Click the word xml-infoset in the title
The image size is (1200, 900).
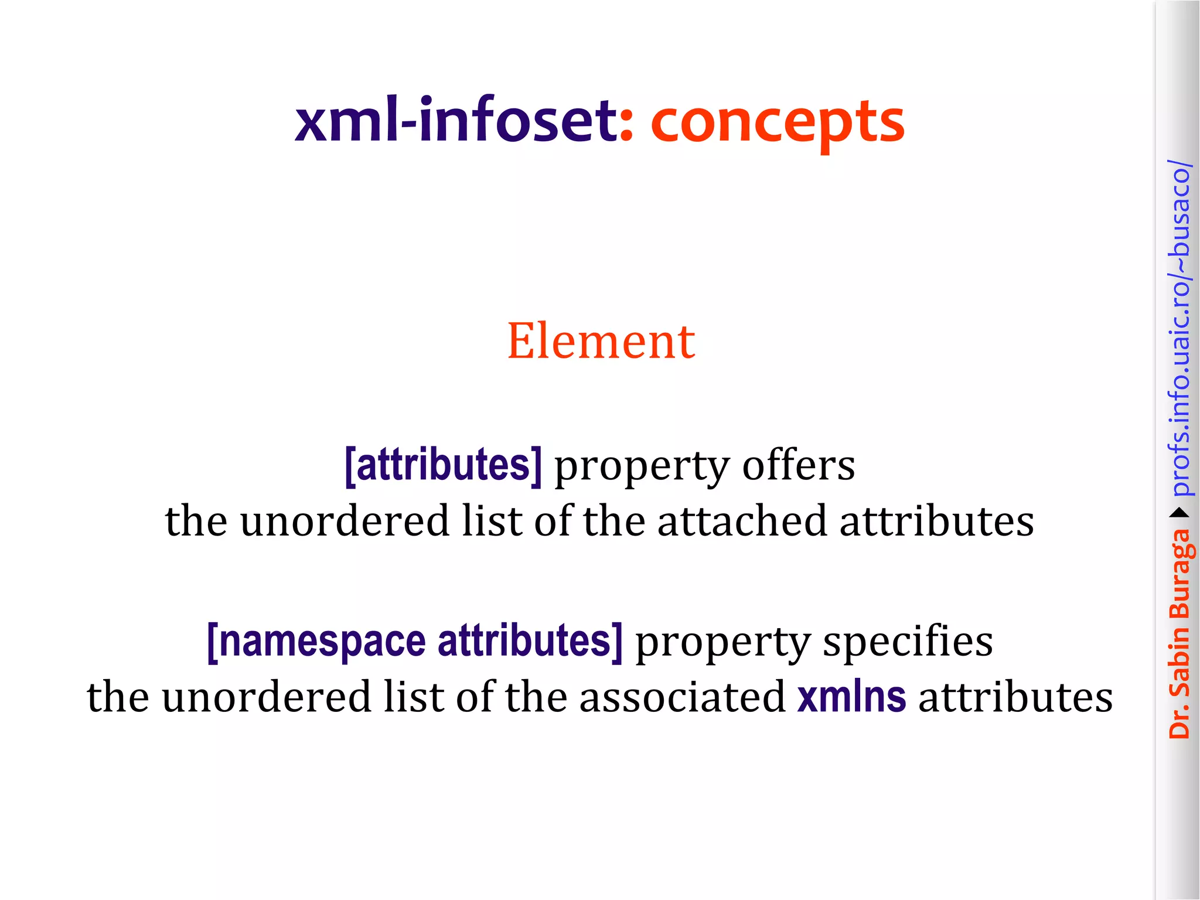(x=456, y=121)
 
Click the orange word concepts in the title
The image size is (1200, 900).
(x=778, y=123)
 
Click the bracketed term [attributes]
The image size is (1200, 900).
(x=443, y=465)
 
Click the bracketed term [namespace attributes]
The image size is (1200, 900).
(x=415, y=642)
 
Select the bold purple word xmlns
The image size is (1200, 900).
(x=851, y=697)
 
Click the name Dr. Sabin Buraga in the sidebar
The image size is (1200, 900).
(x=1179, y=633)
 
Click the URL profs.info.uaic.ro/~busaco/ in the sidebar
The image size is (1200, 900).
(x=1179, y=328)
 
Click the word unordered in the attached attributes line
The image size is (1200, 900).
(x=344, y=521)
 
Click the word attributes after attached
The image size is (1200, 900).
(x=936, y=521)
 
